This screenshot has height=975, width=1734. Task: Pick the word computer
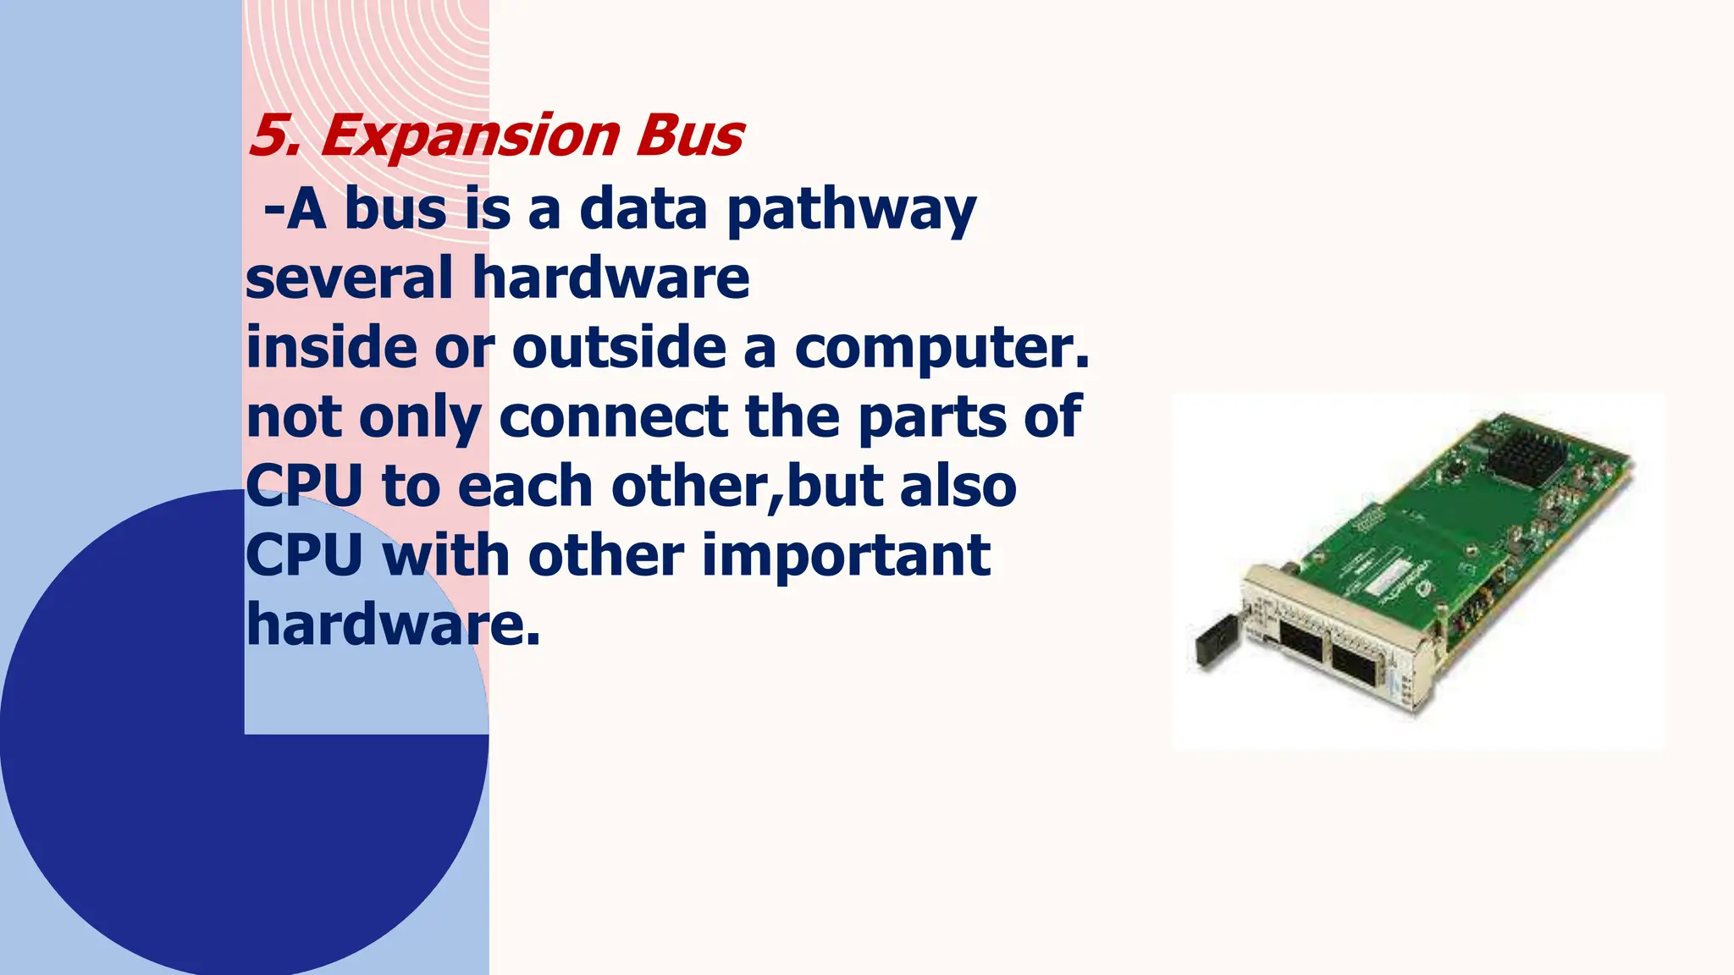point(940,349)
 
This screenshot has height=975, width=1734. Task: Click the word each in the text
point(524,487)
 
